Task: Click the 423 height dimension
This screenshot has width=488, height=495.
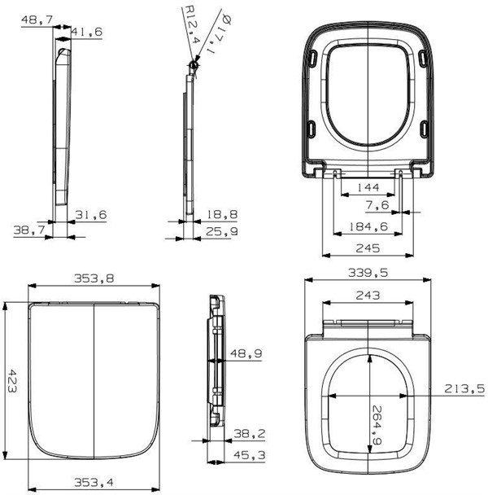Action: click(x=11, y=381)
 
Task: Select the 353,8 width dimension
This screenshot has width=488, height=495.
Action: click(x=94, y=278)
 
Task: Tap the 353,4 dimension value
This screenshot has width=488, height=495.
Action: click(x=94, y=482)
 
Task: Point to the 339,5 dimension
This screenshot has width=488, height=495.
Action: click(x=368, y=273)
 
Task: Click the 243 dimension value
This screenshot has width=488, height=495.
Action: click(x=368, y=296)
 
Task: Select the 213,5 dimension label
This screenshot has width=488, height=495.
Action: click(x=464, y=388)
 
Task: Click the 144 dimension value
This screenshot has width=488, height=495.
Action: click(x=368, y=187)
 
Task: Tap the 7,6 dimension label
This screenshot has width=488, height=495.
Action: click(x=377, y=205)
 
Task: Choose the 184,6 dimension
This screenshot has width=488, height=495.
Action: click(x=368, y=226)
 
